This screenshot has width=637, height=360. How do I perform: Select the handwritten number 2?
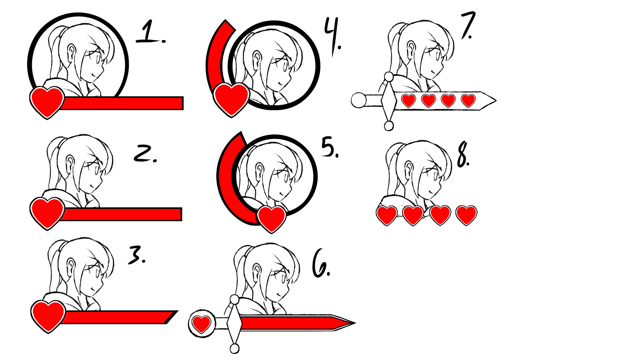tap(145, 154)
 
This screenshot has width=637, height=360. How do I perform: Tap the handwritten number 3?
tap(137, 255)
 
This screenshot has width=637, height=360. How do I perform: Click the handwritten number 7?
tap(468, 25)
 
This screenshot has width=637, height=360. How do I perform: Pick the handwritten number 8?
tap(463, 155)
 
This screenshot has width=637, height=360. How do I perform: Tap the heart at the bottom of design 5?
tap(272, 219)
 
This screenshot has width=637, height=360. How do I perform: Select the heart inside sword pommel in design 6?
tap(201, 324)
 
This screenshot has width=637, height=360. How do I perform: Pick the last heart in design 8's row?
tap(466, 215)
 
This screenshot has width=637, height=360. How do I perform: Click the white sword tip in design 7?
tap(488, 100)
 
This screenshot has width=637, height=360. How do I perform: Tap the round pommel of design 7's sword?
tap(359, 100)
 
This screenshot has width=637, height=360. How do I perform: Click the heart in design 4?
tap(231, 100)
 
